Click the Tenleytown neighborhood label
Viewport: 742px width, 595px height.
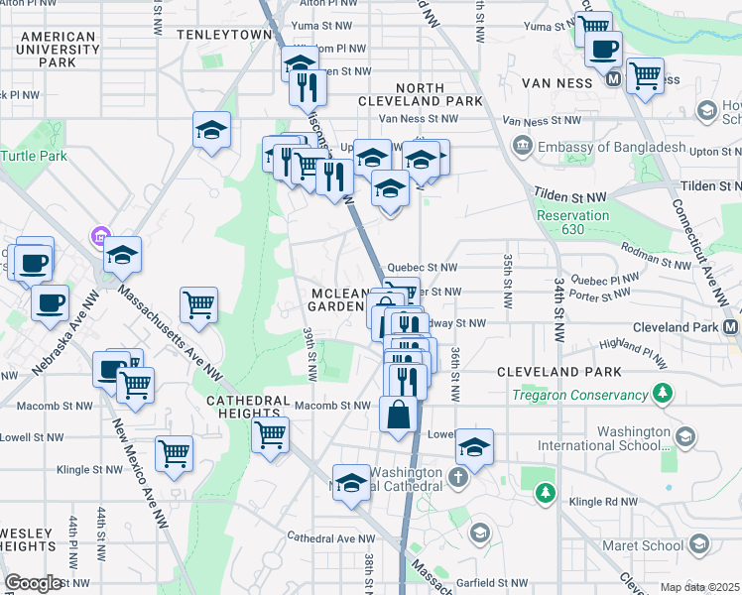coord(224,34)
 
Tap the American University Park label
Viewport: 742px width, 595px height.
coord(57,50)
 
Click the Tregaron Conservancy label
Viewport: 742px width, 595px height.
coord(578,396)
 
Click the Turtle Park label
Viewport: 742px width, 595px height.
coord(35,156)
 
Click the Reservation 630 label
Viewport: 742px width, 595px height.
coord(572,223)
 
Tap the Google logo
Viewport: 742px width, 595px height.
coord(33,583)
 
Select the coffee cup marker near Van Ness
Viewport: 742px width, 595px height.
coord(602,49)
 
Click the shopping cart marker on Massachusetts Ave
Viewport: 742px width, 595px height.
coord(198,304)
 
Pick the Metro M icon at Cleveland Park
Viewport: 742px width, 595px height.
coord(732,326)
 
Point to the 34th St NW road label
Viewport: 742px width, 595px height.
coord(561,296)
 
